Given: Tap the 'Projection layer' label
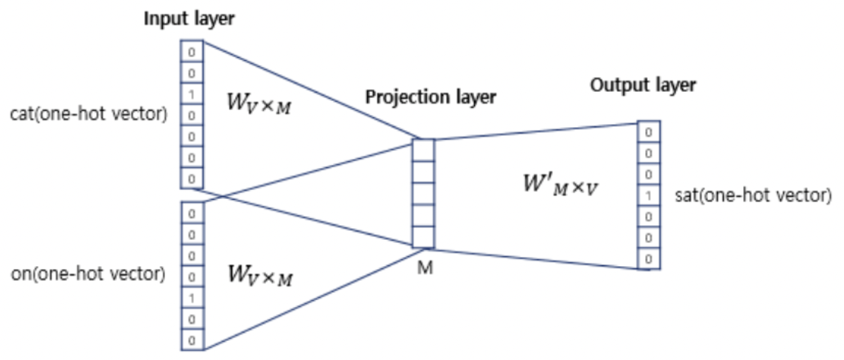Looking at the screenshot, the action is click(430, 97).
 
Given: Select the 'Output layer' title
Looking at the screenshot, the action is click(643, 85).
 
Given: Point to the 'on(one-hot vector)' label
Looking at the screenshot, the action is click(88, 275).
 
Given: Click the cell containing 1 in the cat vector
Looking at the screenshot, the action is click(192, 94).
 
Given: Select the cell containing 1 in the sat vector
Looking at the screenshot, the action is click(649, 196).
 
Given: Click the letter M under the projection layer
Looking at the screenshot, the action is click(426, 268).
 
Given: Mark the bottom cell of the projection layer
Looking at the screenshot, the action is click(423, 237).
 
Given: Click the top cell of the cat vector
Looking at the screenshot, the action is click(192, 52).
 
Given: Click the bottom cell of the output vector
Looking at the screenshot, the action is click(649, 259).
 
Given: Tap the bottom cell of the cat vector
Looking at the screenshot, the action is click(192, 178).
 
